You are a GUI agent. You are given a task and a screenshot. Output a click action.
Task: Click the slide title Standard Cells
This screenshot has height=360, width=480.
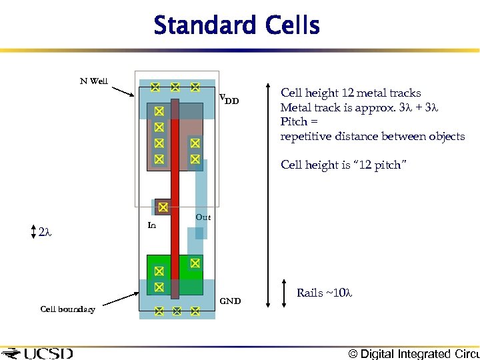pos(237,26)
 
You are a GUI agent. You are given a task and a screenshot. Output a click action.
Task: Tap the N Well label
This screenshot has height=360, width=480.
pos(94,81)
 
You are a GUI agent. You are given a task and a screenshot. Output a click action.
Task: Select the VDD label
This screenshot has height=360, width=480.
pos(229,100)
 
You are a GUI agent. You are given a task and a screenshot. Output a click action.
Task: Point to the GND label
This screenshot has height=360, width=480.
pos(230,301)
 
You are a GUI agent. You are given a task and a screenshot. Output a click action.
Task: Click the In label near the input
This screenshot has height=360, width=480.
pos(151,226)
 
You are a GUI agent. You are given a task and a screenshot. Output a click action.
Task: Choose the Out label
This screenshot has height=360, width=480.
pos(203,217)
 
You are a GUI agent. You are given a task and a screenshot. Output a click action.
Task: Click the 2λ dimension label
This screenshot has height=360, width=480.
pos(45,233)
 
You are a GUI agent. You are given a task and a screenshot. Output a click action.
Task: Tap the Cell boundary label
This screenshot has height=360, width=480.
pos(67,309)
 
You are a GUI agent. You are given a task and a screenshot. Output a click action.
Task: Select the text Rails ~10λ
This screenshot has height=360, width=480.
pos(324,293)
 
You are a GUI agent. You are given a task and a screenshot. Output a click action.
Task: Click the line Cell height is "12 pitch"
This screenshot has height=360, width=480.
pos(341,165)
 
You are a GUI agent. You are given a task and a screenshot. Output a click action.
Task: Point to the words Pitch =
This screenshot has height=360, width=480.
pos(294,122)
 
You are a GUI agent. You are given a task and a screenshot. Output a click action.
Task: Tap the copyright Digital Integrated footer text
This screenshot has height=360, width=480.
pos(413,353)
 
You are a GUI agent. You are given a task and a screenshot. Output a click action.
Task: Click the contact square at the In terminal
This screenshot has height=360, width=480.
pos(162,208)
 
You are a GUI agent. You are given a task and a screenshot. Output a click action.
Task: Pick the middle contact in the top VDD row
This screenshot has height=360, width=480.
pos(175,87)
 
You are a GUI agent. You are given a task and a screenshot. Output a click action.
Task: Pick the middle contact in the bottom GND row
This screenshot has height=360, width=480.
pos(177,311)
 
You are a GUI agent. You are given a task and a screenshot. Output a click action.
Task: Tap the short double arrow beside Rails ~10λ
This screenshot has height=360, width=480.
pos(285,293)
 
